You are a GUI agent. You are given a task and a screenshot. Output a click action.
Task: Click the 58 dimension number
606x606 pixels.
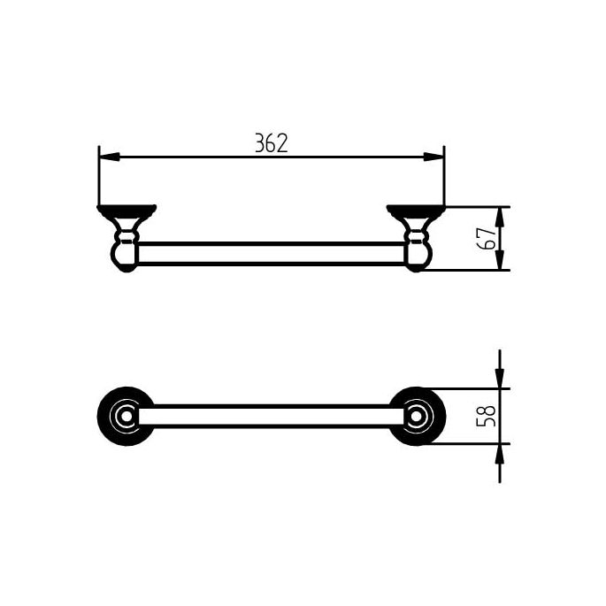[484, 416]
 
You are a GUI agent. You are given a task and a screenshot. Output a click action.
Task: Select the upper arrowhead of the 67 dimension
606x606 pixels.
[500, 215]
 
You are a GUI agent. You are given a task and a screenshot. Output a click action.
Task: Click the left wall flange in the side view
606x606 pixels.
[127, 211]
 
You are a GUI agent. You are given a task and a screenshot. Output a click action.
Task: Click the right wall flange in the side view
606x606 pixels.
[416, 211]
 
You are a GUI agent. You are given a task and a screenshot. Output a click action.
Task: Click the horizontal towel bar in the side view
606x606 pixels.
[271, 253]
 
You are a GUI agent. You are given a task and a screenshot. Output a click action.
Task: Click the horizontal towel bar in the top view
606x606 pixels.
[271, 416]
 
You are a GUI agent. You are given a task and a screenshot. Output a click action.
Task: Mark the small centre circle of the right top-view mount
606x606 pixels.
[417, 416]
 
